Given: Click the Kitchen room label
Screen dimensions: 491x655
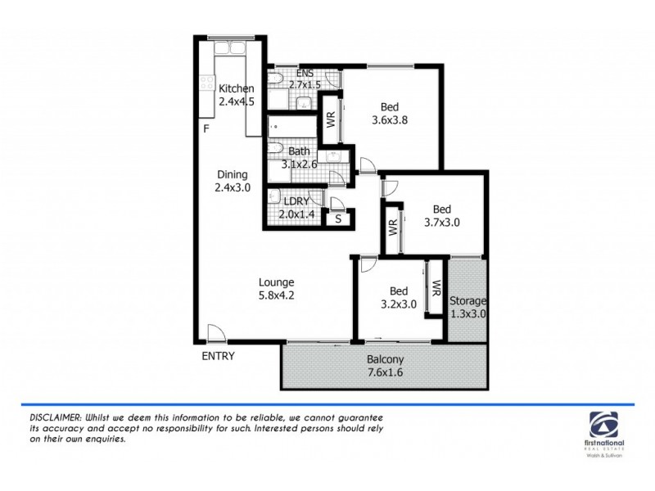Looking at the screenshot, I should pos(236,89).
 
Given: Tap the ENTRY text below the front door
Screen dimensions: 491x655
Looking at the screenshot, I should pos(218,356).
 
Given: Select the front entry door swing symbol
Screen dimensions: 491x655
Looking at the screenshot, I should pos(215,332).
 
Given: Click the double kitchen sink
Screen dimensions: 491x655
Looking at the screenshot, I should pos(228,51).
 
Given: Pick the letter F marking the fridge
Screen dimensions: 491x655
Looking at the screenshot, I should pos(207,129).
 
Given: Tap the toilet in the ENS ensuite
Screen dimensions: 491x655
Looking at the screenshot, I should pos(278,79).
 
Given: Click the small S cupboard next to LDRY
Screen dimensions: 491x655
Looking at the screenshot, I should pos(337,218).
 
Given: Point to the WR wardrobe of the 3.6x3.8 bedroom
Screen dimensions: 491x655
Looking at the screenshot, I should pos(332,119).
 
